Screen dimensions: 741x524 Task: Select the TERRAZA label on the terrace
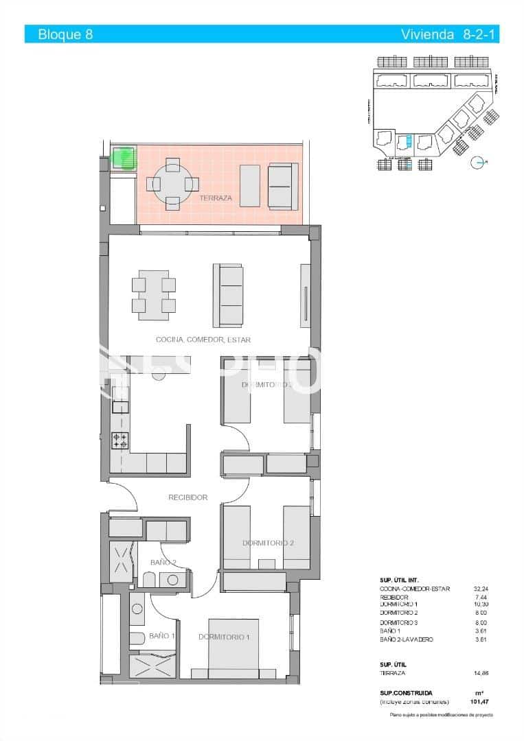[x=216, y=198]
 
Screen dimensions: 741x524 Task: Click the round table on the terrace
[x=172, y=184]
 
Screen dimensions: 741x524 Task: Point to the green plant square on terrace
[x=124, y=158]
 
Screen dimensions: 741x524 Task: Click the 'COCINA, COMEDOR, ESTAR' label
[x=203, y=340]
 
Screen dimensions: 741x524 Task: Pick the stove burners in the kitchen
[x=120, y=440]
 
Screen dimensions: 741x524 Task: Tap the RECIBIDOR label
[x=188, y=497]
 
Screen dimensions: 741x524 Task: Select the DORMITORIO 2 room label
[x=268, y=543]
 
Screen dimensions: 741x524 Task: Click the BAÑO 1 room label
[x=162, y=636]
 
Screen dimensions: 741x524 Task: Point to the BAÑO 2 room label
[x=163, y=563]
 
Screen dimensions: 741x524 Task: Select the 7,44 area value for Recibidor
[x=482, y=597]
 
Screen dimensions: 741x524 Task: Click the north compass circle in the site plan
[x=476, y=162]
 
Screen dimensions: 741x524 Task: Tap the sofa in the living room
[x=228, y=296]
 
